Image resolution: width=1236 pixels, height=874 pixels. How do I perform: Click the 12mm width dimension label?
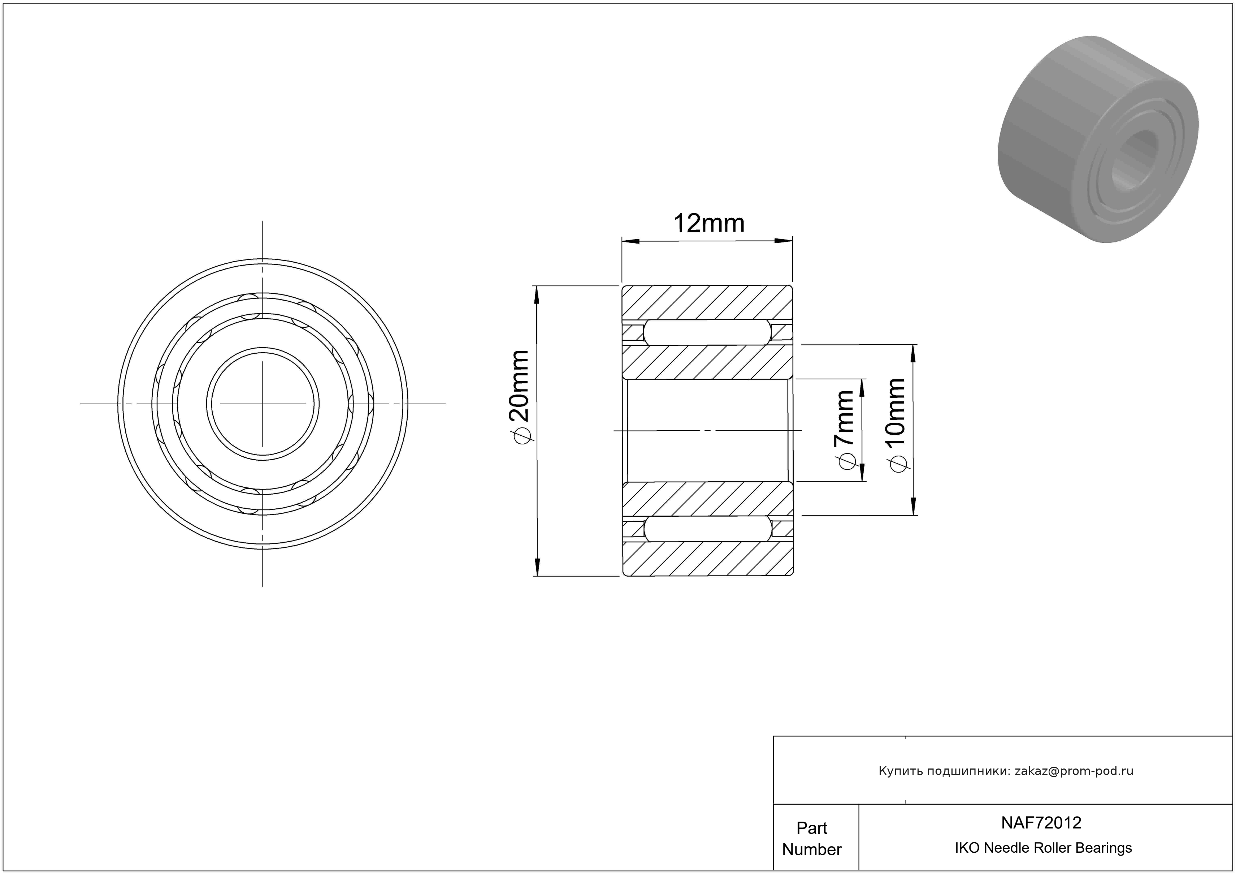coord(708,223)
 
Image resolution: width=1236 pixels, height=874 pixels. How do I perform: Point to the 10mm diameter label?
coord(896,425)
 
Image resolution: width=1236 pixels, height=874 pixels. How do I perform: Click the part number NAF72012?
coord(1041,822)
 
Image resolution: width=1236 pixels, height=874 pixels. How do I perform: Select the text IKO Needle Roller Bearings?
coord(1043,848)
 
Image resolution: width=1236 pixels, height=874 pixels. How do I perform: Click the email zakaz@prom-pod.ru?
coord(1074,771)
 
